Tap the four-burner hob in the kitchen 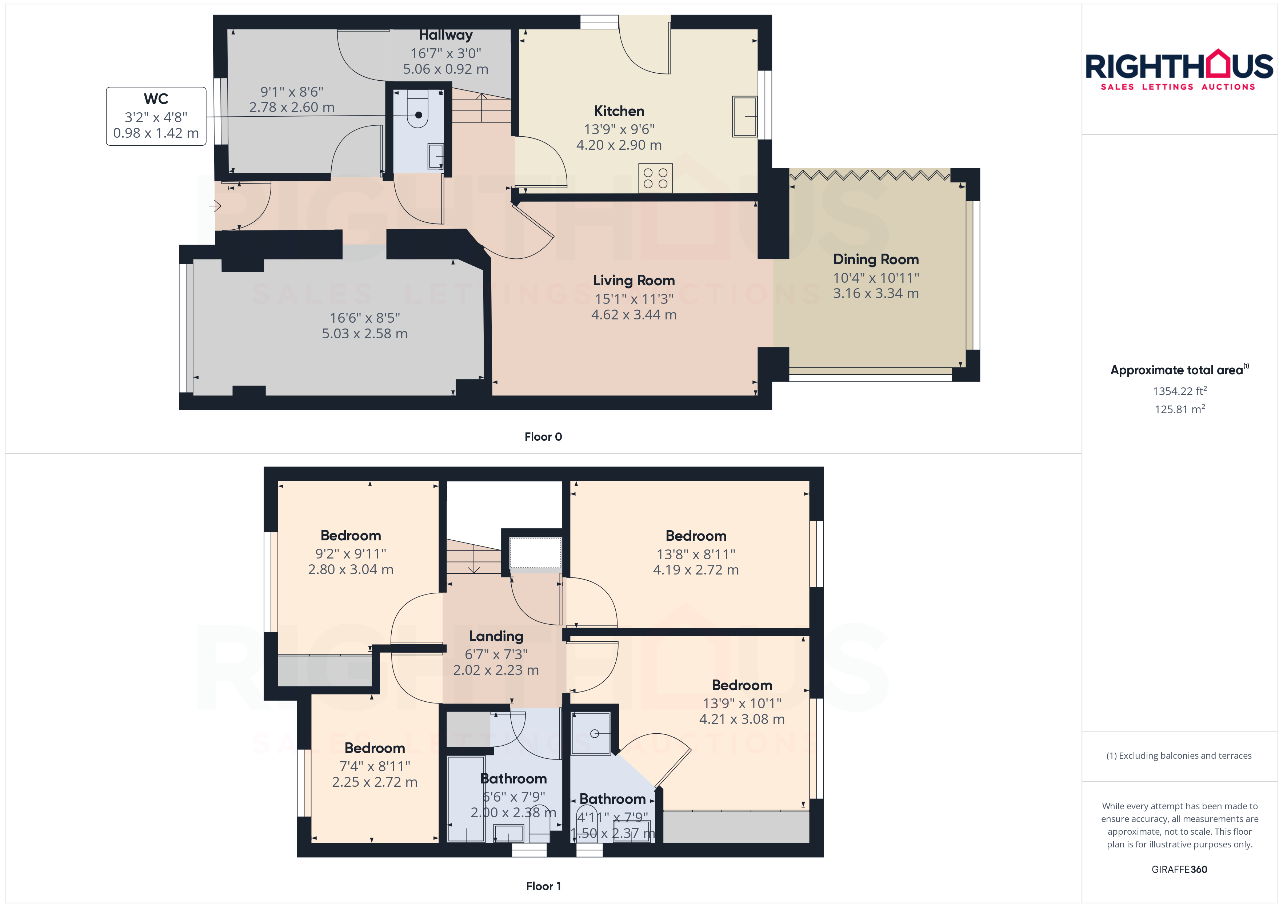(655, 178)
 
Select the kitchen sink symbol (745, 117)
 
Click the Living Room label (633, 281)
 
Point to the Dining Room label (876, 259)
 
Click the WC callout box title (156, 99)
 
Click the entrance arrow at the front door (215, 206)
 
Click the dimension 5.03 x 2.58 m (364, 334)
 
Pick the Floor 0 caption (543, 437)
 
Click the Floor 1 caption (543, 886)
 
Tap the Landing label (496, 636)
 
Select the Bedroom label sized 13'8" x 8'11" (696, 536)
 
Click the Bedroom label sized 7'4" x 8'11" (375, 748)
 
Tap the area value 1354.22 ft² (1180, 391)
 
